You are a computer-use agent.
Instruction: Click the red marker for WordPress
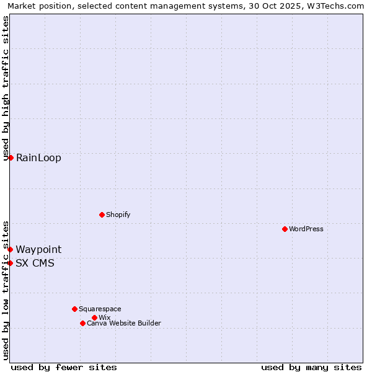pos(285,229)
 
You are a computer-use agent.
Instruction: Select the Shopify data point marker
pos(102,215)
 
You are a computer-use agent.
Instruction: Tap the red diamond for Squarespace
pos(74,309)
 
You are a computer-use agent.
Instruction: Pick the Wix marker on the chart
pos(94,317)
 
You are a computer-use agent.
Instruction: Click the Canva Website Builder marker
pos(82,323)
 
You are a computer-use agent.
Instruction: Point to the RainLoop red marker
pos(11,157)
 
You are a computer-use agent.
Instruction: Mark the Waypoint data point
pos(11,249)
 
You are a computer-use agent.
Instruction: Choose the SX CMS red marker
pos(11,263)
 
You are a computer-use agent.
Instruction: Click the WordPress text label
pos(306,229)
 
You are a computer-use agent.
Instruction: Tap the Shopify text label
pos(118,215)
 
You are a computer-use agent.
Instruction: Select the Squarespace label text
pos(100,309)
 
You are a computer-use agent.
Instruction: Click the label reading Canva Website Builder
pos(124,323)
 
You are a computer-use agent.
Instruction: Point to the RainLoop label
pos(38,157)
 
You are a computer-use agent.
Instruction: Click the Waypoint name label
pos(38,249)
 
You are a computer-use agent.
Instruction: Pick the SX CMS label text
pos(35,263)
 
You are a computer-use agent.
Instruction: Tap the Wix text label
pos(105,317)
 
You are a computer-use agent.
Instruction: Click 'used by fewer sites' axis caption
pos(64,367)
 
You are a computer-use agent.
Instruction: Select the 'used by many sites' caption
pos(311,367)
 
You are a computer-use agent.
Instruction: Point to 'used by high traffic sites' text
pos(6,89)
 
